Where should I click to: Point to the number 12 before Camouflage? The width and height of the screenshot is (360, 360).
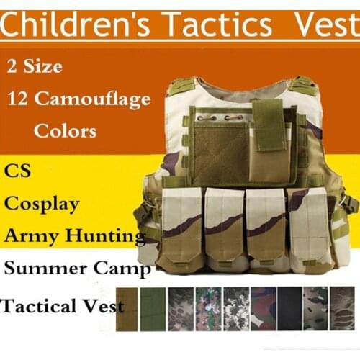click(19, 98)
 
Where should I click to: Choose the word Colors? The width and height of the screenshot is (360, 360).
click(64, 132)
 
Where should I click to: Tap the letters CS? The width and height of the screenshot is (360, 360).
click(19, 172)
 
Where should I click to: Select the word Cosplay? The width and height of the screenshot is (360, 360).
click(42, 204)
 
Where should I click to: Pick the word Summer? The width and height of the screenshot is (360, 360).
click(44, 269)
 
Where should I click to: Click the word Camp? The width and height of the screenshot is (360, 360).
click(127, 269)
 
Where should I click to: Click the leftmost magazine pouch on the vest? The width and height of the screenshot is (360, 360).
click(181, 227)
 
